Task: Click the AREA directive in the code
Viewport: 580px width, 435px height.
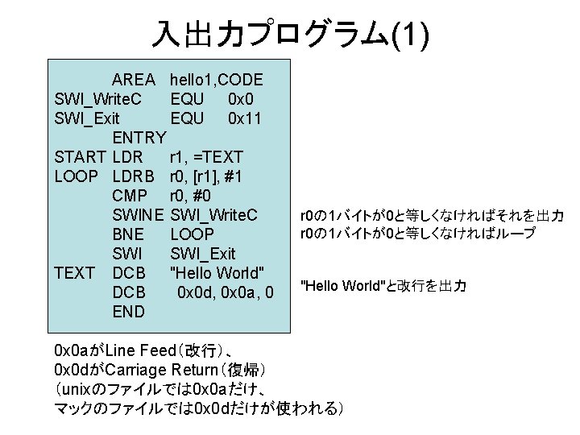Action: click(134, 81)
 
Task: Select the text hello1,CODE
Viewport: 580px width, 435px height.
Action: click(217, 81)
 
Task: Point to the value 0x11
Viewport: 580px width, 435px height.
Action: click(245, 119)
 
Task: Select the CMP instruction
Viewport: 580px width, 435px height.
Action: click(130, 196)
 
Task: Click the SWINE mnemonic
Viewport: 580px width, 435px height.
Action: click(139, 215)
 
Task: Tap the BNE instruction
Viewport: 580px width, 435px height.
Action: click(129, 234)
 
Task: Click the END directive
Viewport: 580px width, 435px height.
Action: click(129, 312)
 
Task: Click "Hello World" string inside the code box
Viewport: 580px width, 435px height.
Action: click(217, 273)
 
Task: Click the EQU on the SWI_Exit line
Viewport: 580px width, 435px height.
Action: click(187, 119)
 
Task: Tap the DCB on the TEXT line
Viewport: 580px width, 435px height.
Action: click(129, 273)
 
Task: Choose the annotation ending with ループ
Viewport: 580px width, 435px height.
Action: click(417, 234)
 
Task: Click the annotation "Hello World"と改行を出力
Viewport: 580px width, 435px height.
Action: click(383, 286)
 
